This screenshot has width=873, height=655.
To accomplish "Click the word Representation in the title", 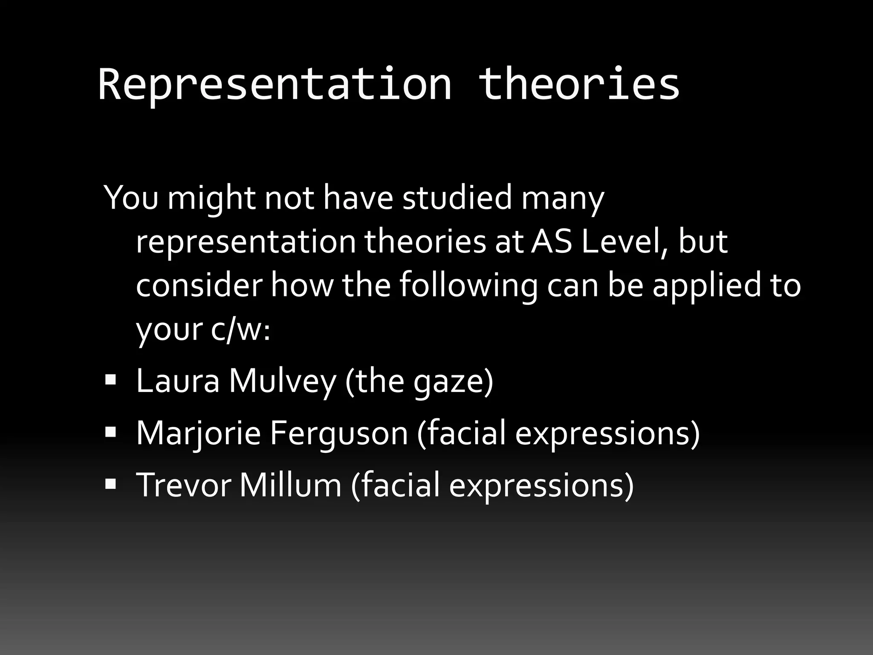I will [x=275, y=85].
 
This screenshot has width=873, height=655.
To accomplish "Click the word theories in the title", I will [x=578, y=85].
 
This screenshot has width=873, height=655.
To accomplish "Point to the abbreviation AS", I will [x=551, y=242].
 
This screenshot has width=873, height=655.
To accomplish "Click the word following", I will [x=468, y=286].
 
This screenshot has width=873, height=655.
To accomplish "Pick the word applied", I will [x=706, y=286].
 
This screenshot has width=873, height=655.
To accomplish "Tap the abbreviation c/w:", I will [x=240, y=329].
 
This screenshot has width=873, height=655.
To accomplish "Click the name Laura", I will [x=177, y=381].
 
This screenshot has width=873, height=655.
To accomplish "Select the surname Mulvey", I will [x=282, y=381].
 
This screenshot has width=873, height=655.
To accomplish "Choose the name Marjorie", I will [x=198, y=433].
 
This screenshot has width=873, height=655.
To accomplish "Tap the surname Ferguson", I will [x=339, y=433].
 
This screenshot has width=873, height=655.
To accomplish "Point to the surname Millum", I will [x=290, y=485].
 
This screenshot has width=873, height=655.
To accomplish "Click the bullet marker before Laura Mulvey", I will [x=110, y=379].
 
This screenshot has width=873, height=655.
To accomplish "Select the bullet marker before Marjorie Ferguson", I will [x=110, y=432].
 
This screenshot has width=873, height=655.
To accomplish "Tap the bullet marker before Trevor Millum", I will [x=110, y=484].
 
